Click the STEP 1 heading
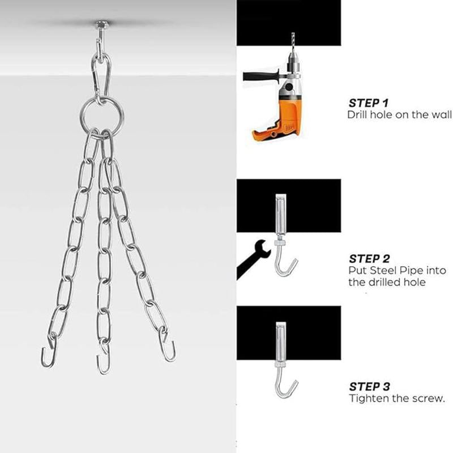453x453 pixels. click(x=369, y=103)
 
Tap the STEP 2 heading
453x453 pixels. click(x=369, y=259)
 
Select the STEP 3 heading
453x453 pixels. click(x=369, y=387)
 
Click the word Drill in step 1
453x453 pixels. click(x=357, y=115)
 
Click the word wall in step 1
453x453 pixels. click(x=442, y=115)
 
